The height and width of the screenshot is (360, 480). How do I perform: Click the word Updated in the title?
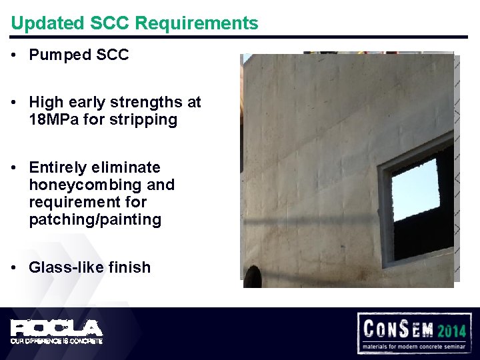[39, 23]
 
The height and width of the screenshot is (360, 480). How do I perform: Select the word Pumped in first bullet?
[57, 55]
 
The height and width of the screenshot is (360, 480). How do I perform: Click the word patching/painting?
[95, 219]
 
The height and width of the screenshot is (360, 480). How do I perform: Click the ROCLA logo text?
[56, 327]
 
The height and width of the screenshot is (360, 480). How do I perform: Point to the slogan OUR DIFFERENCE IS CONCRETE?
[56, 341]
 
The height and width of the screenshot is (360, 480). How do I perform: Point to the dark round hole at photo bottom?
[252, 276]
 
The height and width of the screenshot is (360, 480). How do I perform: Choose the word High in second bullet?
[45, 103]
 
